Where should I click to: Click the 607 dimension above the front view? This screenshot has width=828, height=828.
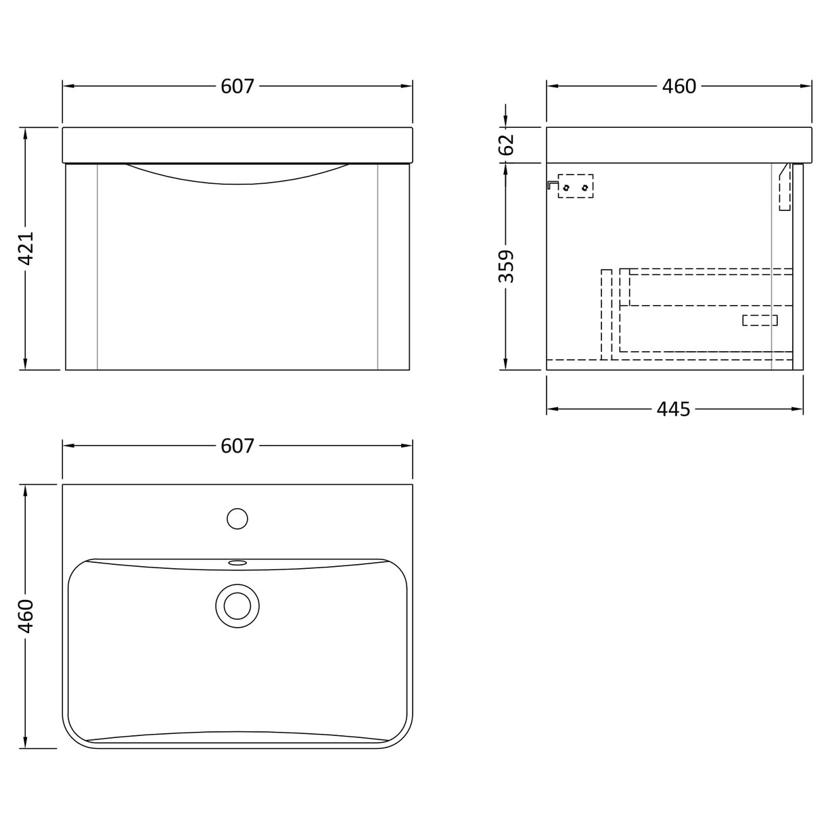tap(237, 87)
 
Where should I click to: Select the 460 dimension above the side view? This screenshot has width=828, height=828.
tap(678, 87)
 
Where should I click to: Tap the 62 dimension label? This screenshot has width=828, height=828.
tap(507, 144)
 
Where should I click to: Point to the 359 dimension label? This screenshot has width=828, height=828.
tap(507, 266)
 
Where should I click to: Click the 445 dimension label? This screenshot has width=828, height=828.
tap(673, 409)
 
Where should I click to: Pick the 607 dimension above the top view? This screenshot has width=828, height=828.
tap(237, 446)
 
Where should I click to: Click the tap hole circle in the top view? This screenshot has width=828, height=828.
tap(237, 519)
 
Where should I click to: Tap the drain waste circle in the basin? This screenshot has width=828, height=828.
tap(237, 604)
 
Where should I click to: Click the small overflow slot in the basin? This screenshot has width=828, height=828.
tap(237, 561)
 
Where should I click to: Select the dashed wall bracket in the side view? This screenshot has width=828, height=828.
tap(575, 186)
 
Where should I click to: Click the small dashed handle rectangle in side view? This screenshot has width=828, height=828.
tap(760, 320)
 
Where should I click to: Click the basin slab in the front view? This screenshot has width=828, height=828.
tap(237, 144)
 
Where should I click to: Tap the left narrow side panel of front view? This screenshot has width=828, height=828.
tap(82, 267)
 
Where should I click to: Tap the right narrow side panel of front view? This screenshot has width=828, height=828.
tap(393, 267)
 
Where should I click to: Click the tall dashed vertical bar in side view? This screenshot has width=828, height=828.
tap(607, 314)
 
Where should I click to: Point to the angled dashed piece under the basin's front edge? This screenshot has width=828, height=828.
tap(785, 188)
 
